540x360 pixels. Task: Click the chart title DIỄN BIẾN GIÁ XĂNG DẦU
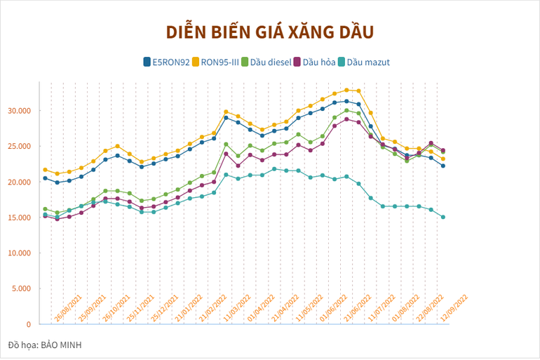270,32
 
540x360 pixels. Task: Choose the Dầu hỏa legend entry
318,62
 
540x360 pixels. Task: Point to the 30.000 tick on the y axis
20,111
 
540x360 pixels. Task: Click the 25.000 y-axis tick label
20,146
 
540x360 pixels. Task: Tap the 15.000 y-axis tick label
20,218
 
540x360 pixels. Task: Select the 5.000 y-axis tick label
22,288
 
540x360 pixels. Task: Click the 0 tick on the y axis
28,324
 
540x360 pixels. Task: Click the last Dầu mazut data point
443,217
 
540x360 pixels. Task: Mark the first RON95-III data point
46,170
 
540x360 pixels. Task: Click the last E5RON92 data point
443,166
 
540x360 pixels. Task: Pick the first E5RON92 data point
46,178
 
